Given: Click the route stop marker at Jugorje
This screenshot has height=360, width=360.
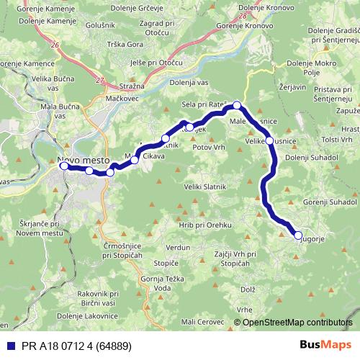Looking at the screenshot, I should (x=298, y=235).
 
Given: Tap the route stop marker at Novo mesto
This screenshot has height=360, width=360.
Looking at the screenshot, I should (x=63, y=166).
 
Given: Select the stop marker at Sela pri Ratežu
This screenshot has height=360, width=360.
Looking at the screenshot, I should (x=237, y=105).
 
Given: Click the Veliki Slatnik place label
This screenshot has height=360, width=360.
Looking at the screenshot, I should (x=210, y=188).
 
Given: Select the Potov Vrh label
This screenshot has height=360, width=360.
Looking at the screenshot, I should (x=210, y=146).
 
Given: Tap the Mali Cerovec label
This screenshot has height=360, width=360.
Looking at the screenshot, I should (x=202, y=322).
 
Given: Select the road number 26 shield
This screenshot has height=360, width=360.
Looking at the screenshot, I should (x=55, y=45).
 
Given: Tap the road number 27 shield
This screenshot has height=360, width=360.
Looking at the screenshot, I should (x=100, y=80).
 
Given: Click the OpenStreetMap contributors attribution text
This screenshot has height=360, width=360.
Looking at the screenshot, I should (x=299, y=323).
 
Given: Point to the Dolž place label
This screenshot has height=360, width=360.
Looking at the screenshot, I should (x=248, y=289).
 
